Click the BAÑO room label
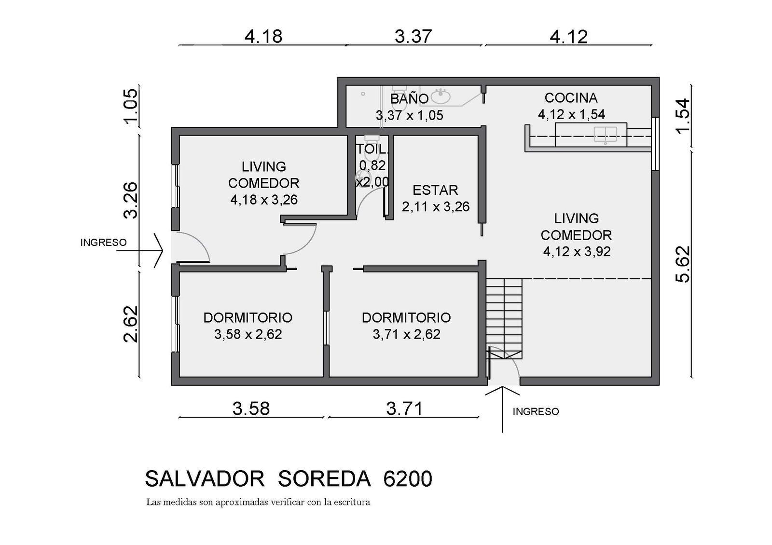click(409, 99)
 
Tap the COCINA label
click(571, 98)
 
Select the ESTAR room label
click(435, 190)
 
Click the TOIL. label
click(372, 149)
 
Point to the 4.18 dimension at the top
click(263, 37)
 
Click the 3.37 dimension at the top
click(413, 37)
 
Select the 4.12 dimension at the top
click(569, 37)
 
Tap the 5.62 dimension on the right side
click(683, 264)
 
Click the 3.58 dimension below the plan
click(251, 409)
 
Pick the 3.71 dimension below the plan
click(404, 409)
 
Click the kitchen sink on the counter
click(606, 135)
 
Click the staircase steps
click(504, 319)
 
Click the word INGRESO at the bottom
click(536, 412)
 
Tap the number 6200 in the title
click(408, 479)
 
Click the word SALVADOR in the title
click(205, 479)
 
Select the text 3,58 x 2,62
click(248, 334)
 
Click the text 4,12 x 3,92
click(577, 251)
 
